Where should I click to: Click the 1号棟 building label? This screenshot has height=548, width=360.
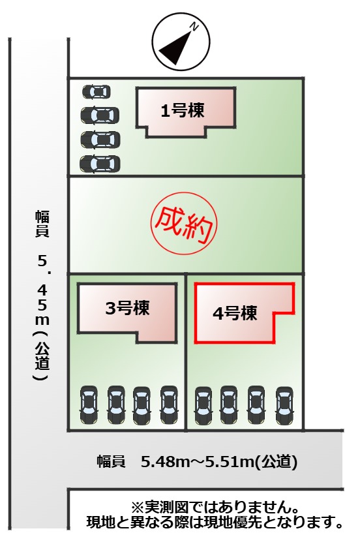tap(183, 111)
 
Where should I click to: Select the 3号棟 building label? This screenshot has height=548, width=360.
tap(127, 308)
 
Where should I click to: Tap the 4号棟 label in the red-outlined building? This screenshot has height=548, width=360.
tap(235, 312)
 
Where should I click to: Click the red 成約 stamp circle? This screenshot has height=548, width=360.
tap(184, 221)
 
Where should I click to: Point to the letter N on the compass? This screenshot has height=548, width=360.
tap(194, 27)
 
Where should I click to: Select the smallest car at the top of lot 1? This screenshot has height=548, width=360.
tap(96, 92)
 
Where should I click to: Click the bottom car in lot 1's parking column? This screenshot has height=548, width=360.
tap(100, 164)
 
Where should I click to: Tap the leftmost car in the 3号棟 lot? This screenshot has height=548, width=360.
tap(89, 404)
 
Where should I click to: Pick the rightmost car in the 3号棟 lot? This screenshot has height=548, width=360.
tap(169, 404)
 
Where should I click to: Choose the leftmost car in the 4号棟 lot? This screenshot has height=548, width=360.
tap(203, 405)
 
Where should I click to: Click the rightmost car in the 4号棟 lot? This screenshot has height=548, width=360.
tap(284, 405)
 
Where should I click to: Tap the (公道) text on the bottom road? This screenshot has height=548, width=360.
tap(275, 462)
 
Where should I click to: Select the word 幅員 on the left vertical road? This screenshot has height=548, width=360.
tap(42, 224)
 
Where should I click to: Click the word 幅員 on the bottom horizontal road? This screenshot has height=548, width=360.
tap(111, 462)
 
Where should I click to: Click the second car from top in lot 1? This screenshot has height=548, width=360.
tap(100, 115)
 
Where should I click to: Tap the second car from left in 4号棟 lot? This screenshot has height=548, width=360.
tap(229, 405)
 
